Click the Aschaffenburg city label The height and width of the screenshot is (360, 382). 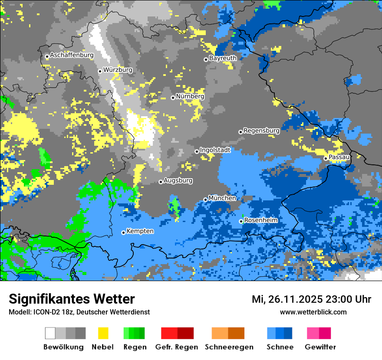[x=72, y=56]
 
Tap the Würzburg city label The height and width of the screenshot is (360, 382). [x=118, y=70]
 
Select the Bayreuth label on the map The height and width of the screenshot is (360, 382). [x=223, y=58]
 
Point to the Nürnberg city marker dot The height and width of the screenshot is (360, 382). [x=173, y=98]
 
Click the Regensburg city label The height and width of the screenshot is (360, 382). [x=261, y=131]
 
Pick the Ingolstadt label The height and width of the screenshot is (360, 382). [x=215, y=150]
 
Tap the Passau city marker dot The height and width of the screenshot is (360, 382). [x=326, y=158]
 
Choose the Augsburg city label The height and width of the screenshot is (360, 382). [x=178, y=180]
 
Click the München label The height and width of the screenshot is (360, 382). [x=222, y=198]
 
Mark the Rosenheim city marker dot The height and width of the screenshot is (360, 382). [x=241, y=221]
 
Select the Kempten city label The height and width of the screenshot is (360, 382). [x=140, y=231]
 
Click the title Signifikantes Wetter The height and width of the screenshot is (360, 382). [x=72, y=299]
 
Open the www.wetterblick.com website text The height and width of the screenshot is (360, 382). [x=313, y=312]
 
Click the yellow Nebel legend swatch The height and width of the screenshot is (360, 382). [x=103, y=333]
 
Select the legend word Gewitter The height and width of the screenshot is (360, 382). [x=320, y=347]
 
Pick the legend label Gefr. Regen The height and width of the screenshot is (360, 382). [x=177, y=347]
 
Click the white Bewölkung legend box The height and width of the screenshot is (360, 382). [x=50, y=333]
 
